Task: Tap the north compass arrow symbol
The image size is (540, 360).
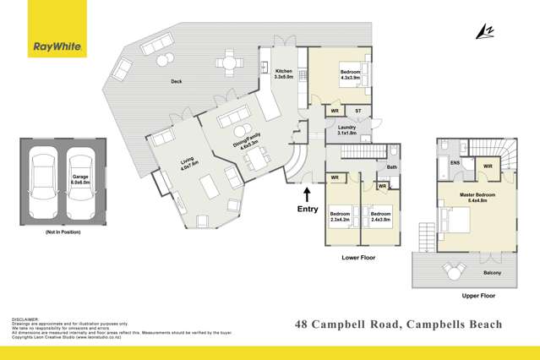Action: [484, 30]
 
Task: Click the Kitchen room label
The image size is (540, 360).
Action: [283, 74]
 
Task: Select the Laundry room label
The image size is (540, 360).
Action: [346, 130]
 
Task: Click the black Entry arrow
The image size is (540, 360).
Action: [306, 194]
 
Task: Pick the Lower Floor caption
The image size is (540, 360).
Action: [358, 257]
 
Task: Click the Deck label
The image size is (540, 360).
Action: [177, 81]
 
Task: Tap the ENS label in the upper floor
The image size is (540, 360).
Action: [455, 162]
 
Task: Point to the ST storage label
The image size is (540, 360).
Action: [357, 111]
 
